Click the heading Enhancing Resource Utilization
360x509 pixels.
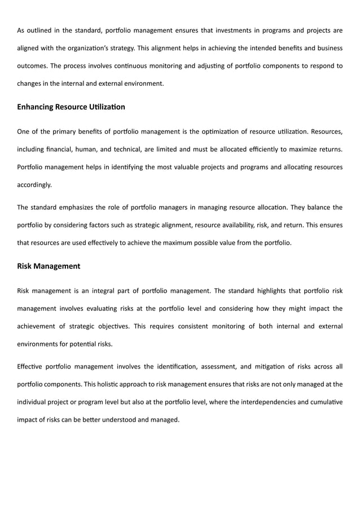pos(71,107)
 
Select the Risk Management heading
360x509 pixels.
pos(49,266)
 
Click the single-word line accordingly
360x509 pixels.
pos(34,184)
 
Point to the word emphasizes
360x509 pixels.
pos(83,207)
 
